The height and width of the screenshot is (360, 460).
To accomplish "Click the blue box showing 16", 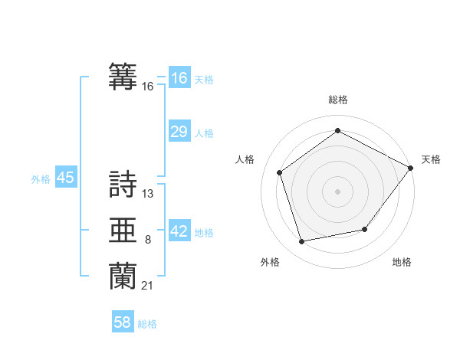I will [x=179, y=78].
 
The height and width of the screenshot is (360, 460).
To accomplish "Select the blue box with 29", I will [x=179, y=132].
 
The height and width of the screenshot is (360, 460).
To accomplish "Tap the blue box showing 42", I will [x=179, y=231].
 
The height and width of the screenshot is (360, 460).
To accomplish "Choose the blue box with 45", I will [x=65, y=178].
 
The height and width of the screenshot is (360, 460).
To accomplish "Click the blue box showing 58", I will [x=123, y=322].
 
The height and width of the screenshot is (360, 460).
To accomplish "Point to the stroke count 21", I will [x=148, y=286].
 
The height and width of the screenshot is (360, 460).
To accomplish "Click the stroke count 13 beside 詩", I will [x=148, y=194].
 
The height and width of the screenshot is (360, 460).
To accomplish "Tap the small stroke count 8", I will [x=147, y=240].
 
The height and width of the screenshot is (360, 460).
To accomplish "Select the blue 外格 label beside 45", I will [x=41, y=179].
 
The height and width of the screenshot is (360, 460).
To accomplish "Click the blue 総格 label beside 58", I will [x=147, y=324].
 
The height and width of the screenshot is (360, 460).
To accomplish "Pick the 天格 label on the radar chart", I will [x=431, y=159].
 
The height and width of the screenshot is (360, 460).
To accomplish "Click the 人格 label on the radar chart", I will [x=245, y=159].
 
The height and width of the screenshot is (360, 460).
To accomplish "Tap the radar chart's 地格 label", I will [x=402, y=263].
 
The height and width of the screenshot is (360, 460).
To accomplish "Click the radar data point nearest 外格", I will [x=302, y=242].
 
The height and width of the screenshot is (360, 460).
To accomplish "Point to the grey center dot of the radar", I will [x=337, y=191].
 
